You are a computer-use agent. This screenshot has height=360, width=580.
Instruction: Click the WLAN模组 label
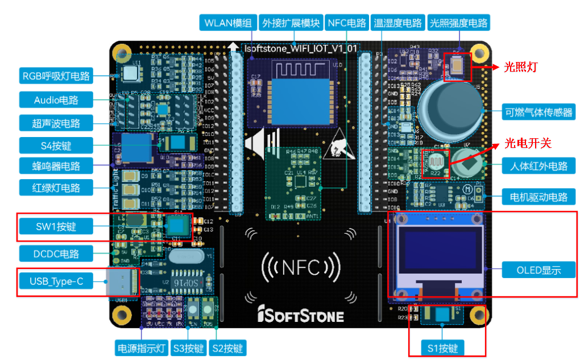click(x=227, y=23)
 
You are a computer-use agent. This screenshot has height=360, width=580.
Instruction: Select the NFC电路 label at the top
click(x=346, y=23)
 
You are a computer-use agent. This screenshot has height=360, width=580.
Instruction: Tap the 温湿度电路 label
click(x=397, y=23)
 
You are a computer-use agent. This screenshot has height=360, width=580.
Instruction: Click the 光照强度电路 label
click(x=458, y=23)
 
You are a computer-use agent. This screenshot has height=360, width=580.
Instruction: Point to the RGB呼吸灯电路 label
click(x=56, y=76)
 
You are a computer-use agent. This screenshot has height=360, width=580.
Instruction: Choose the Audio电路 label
click(x=56, y=100)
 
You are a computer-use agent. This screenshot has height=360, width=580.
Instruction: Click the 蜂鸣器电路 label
click(x=56, y=166)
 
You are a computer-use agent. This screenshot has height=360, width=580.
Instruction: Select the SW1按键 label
click(x=56, y=227)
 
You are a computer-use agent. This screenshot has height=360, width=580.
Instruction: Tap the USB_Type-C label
click(x=56, y=280)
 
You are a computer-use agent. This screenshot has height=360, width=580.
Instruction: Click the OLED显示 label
click(x=538, y=270)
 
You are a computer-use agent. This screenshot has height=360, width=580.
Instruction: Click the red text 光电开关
click(x=528, y=143)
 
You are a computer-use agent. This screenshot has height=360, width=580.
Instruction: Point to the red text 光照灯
click(x=521, y=67)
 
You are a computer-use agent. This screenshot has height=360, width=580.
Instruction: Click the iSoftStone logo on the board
click(x=300, y=315)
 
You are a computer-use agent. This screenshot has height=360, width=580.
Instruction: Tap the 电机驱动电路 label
click(x=538, y=197)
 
